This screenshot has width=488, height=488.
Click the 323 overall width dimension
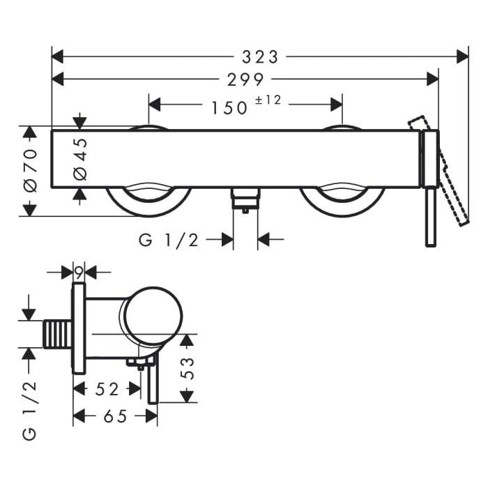click(259, 56)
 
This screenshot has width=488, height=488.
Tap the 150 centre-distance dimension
click(229, 107)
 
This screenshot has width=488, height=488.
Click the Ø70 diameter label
click(30, 171)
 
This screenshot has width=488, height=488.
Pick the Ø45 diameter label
click(80, 159)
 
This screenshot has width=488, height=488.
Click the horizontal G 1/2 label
click(169, 240)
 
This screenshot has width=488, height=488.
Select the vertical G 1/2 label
click(29, 411)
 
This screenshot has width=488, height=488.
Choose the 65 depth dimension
click(115, 416)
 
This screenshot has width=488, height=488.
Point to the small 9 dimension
click(79, 271)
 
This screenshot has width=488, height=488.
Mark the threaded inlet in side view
click(58, 334)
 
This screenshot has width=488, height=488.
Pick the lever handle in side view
click(153, 383)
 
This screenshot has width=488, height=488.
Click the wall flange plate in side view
click(79, 328)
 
